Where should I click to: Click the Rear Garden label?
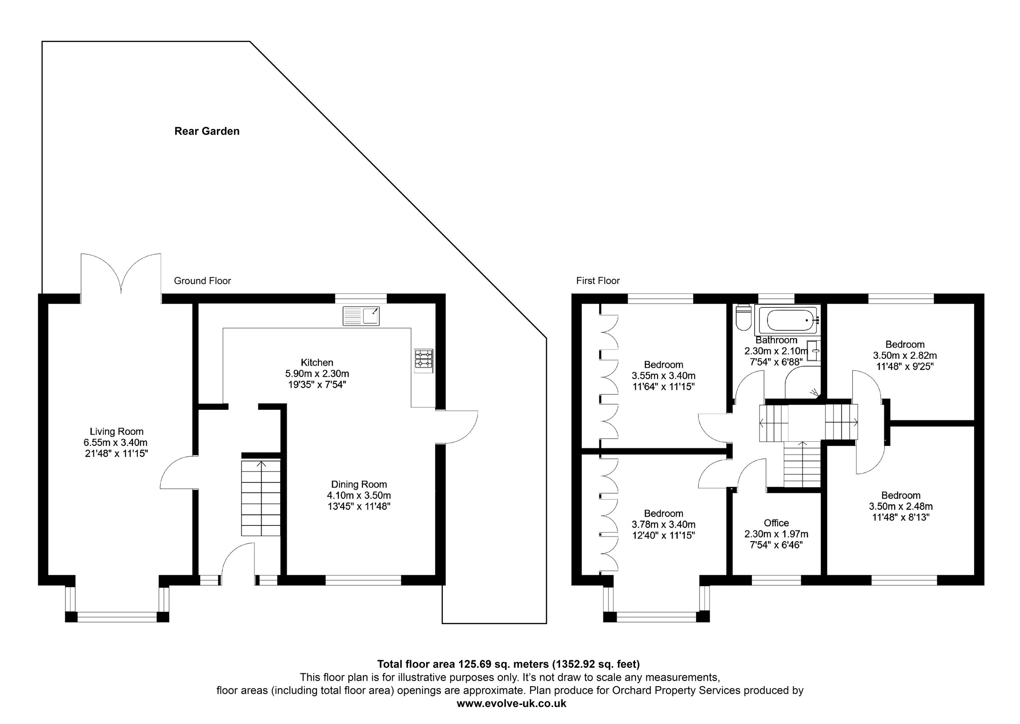[x=207, y=131]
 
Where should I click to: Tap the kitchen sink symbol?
[x=361, y=316]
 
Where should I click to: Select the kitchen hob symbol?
[x=424, y=360]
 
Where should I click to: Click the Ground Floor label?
[x=202, y=281]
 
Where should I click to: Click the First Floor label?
[x=598, y=281]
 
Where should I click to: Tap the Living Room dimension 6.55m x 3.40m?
[x=116, y=443]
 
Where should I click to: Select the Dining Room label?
[x=359, y=484]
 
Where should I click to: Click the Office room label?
[x=776, y=523]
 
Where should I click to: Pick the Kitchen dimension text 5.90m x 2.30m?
[x=317, y=374]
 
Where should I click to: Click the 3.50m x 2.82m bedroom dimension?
[x=904, y=356]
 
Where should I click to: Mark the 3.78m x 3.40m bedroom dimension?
[x=663, y=525]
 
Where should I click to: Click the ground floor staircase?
[x=261, y=498]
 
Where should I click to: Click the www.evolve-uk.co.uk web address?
[x=512, y=704]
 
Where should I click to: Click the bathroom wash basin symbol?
[x=814, y=350]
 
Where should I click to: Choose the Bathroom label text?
[x=776, y=340]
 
